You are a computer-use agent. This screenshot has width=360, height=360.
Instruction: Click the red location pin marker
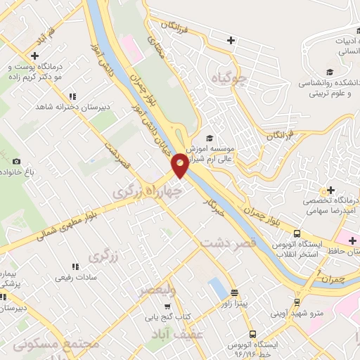click(x=180, y=165)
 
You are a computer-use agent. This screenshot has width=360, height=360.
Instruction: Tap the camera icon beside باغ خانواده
click(x=16, y=161)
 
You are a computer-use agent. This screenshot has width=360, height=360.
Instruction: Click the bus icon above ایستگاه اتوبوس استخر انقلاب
click(x=297, y=233)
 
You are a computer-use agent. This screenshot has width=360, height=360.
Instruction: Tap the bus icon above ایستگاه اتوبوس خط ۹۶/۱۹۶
click(x=252, y=335)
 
